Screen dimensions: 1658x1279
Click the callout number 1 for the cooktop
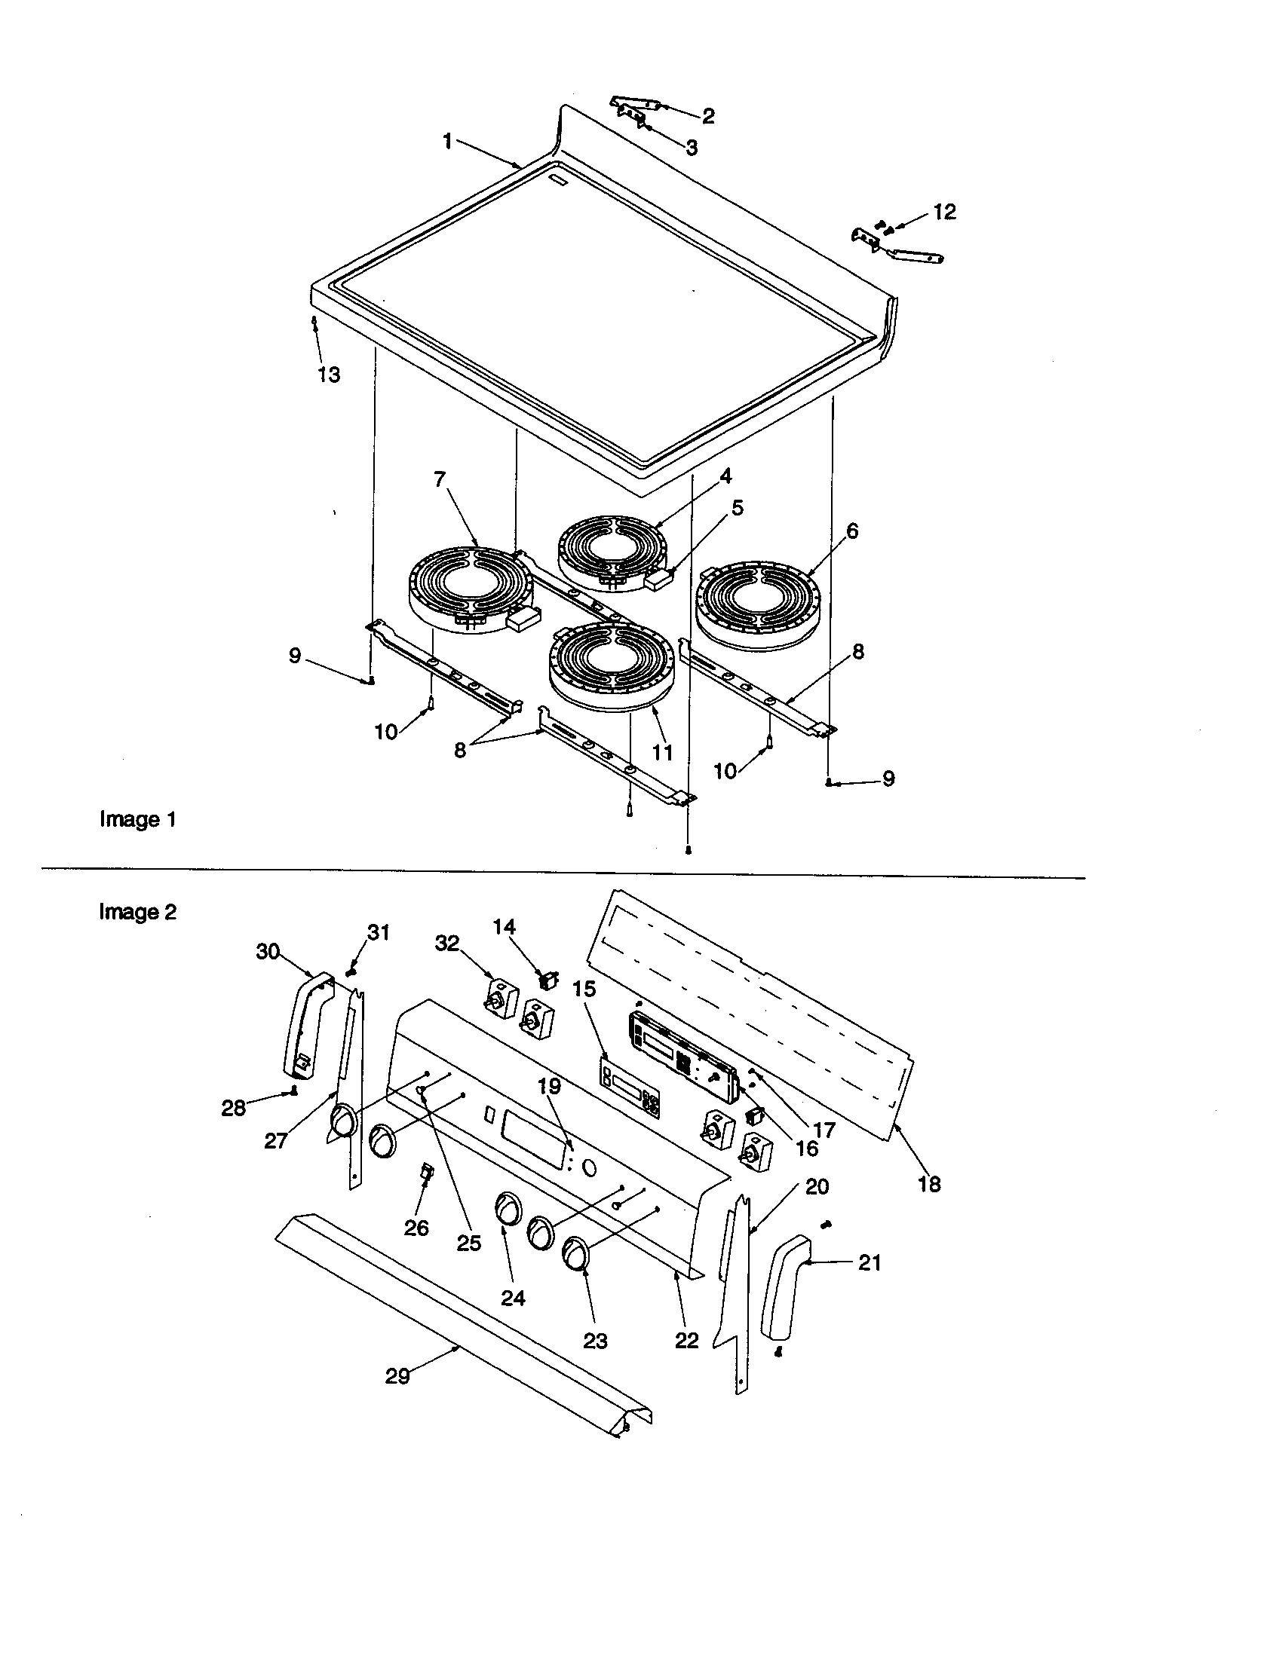(448, 141)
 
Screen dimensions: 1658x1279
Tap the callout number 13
(329, 375)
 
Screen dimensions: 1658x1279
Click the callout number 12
(944, 212)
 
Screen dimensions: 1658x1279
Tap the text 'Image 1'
(138, 820)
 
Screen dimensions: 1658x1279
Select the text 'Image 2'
(137, 912)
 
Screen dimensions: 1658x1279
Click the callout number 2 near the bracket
(708, 116)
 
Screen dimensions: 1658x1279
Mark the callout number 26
(416, 1228)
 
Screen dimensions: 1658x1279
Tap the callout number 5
(738, 508)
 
